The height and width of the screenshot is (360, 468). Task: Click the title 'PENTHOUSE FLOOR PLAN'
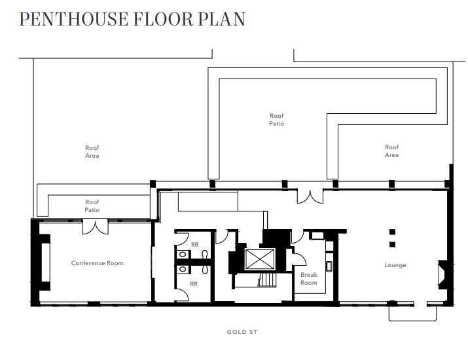pos(132,18)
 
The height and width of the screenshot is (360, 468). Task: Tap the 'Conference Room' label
pos(97,263)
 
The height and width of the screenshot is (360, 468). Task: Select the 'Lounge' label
pos(395,265)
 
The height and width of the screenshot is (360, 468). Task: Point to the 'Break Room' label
pos(309,279)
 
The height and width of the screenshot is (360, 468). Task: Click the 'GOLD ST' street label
pos(238,332)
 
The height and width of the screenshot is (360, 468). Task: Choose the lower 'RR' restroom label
pos(194,283)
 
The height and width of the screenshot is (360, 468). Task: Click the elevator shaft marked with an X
pos(261,260)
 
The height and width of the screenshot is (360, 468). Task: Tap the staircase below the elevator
pos(264,281)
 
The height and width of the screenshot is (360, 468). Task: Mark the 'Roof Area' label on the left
pos(92,151)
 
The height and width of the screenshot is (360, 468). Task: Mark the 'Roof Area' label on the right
pos(391,151)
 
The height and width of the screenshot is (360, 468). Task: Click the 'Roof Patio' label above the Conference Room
pos(92,206)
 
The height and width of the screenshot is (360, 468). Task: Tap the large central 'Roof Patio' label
pos(277,120)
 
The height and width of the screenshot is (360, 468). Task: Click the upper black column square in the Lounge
pos(392,232)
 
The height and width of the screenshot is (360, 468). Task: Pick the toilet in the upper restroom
pos(206,254)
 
